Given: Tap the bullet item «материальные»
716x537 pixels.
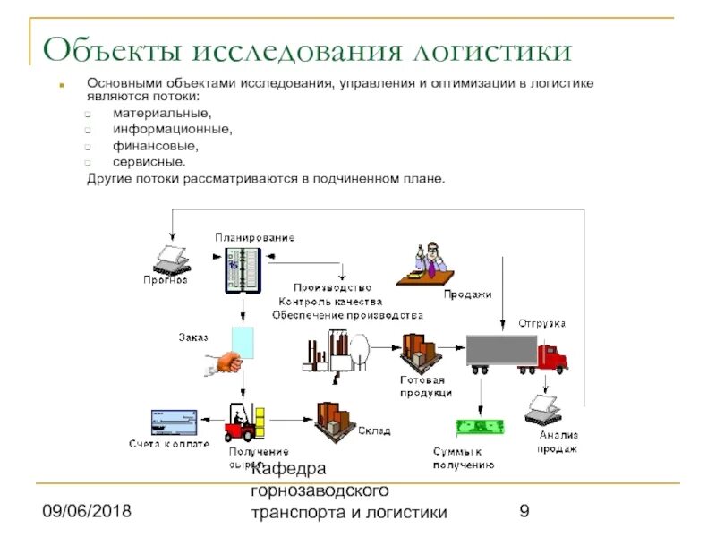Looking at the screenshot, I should click(x=162, y=114).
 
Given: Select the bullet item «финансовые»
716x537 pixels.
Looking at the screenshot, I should click(x=155, y=146).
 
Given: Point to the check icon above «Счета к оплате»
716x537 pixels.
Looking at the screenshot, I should click(x=169, y=421).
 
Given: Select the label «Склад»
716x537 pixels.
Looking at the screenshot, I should click(x=374, y=431).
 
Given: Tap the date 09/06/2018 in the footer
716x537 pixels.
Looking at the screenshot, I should click(x=86, y=512).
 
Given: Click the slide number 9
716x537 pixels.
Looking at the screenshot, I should click(x=525, y=512).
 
